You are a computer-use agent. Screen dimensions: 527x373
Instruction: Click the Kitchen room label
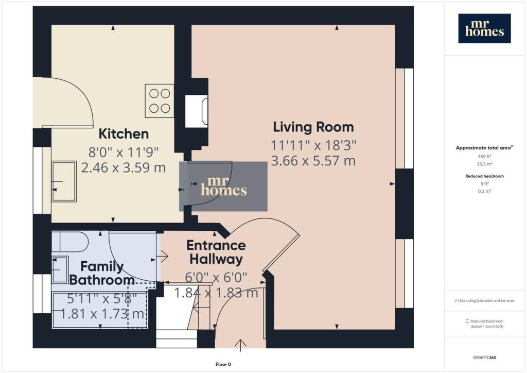[124, 134]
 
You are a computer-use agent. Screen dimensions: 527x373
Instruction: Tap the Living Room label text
[313, 127]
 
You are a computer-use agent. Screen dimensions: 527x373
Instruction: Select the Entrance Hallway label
[216, 252]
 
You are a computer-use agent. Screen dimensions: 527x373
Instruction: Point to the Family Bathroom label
[102, 273]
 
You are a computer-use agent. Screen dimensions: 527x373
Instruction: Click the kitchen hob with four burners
[160, 101]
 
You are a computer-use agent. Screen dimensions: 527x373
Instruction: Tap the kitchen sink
[64, 181]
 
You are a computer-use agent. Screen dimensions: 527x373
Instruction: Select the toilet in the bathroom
[70, 242]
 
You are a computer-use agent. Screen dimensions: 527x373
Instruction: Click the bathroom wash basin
[60, 269]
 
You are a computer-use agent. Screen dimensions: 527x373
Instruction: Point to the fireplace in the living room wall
[197, 111]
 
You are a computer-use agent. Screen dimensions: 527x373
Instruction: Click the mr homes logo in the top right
[484, 28]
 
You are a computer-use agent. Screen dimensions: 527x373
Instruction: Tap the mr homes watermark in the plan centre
[223, 186]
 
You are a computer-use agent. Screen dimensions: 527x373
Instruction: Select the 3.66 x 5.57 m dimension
[313, 161]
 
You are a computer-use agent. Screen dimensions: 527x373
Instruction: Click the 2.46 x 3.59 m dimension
[124, 167]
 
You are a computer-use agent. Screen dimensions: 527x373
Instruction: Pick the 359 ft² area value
[484, 157]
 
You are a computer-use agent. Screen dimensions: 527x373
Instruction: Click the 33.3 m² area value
[484, 164]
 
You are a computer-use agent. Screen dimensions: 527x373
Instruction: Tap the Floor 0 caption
[223, 364]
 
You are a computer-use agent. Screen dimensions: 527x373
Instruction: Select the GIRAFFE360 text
[484, 358]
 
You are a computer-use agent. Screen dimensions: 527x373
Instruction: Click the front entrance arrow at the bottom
[240, 345]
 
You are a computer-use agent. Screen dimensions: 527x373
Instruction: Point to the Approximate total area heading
[484, 148]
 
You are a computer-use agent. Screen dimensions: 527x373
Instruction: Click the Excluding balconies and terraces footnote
[484, 301]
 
